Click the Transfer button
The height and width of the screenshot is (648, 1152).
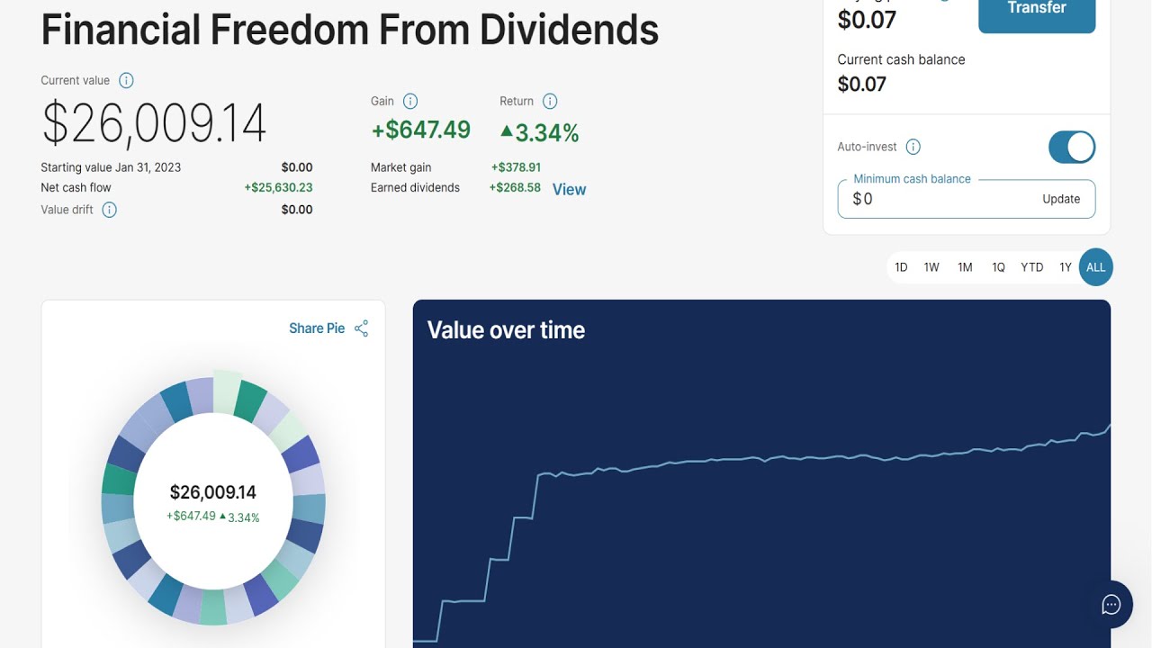(x=1037, y=13)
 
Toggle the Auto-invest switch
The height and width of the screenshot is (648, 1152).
(x=1072, y=147)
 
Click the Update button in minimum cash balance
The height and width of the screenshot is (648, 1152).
(x=1061, y=199)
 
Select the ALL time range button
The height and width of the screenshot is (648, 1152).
(x=1095, y=267)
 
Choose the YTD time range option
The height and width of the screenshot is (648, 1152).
(x=1031, y=267)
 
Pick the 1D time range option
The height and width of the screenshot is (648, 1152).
(x=901, y=267)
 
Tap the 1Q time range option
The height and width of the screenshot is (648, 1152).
(x=998, y=267)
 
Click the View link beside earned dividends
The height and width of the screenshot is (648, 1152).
(x=570, y=189)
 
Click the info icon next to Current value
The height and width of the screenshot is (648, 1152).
(x=126, y=81)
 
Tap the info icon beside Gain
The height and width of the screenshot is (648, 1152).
(x=409, y=102)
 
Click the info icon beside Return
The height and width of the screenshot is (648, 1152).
(x=550, y=102)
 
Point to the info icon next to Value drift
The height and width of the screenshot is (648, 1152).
(x=109, y=210)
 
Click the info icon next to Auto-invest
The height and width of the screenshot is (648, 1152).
(x=913, y=147)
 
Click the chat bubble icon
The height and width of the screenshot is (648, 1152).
(x=1111, y=605)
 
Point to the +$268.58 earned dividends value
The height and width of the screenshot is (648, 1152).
(x=515, y=188)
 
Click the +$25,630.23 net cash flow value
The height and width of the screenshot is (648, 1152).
(x=278, y=188)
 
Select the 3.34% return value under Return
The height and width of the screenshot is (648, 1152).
(x=539, y=132)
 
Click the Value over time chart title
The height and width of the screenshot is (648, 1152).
(x=506, y=330)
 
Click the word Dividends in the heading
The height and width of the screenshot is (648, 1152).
(x=569, y=30)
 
